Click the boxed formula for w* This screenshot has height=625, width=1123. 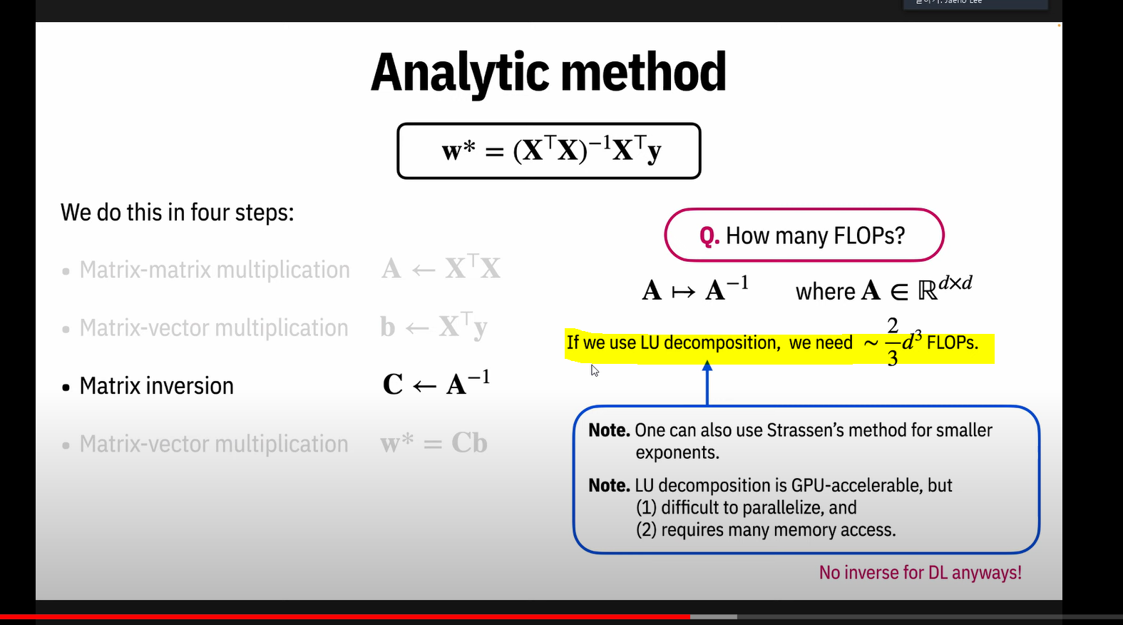[x=549, y=151]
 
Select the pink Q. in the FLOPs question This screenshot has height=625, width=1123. [x=709, y=235]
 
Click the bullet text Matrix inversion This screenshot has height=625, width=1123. [x=156, y=386]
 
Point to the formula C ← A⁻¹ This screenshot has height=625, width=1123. [x=436, y=384]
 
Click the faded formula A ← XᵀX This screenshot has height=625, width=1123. [x=441, y=269]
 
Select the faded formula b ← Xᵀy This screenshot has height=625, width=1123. [x=434, y=327]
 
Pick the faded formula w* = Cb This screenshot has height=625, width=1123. [x=434, y=443]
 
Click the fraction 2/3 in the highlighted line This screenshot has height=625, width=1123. [x=892, y=342]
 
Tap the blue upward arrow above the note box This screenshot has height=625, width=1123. [x=707, y=382]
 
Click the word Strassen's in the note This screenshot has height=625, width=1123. [x=805, y=430]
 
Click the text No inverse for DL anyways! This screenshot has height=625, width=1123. [x=920, y=572]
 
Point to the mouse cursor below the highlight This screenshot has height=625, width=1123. [x=594, y=369]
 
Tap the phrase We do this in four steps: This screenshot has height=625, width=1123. [x=177, y=213]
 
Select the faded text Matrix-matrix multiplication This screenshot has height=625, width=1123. [x=214, y=270]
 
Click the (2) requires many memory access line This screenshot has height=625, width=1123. [x=766, y=529]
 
